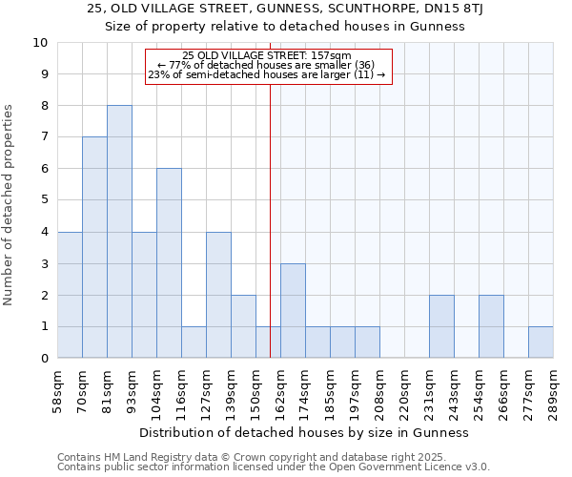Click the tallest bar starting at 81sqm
(x=119, y=232)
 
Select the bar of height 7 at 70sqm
(x=94, y=247)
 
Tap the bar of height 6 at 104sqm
(x=169, y=263)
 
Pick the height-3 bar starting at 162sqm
(x=293, y=310)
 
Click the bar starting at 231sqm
(x=441, y=326)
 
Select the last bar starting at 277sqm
(x=541, y=342)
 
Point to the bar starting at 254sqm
(x=491, y=326)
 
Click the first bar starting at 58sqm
(x=70, y=295)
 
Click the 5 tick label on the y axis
(x=44, y=200)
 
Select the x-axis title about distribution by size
(x=304, y=432)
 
